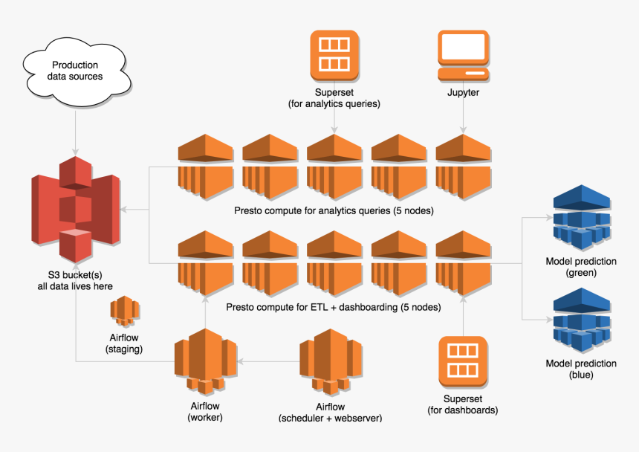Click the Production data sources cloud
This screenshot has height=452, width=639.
[74, 71]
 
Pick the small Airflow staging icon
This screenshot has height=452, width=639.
[123, 312]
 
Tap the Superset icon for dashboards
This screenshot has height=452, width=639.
[463, 361]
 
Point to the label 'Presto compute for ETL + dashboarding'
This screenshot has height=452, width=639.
[334, 307]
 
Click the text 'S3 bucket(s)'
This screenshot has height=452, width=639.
[75, 275]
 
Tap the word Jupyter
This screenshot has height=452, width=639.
[464, 94]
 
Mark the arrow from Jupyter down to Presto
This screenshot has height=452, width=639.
[464, 117]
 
